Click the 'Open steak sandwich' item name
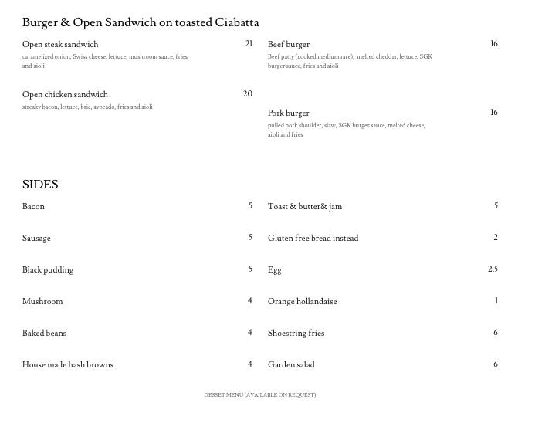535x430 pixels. [60, 45]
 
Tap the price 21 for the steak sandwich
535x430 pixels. [249, 44]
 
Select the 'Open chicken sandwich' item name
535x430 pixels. [65, 95]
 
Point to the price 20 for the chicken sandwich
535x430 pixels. [247, 94]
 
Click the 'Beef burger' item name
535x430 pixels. [289, 45]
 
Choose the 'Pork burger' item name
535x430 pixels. [289, 113]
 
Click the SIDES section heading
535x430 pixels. [40, 185]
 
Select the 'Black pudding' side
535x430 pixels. [48, 270]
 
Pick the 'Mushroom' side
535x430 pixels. [42, 302]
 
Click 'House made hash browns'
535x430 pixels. [68, 365]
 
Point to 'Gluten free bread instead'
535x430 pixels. [313, 239]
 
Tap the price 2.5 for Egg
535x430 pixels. [493, 269]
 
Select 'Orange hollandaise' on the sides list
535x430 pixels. [302, 302]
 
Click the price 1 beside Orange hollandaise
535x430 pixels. [496, 301]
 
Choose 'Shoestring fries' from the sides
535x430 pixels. [296, 334]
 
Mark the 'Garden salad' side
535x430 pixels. [291, 365]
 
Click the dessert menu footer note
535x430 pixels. [259, 395]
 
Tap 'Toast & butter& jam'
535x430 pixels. [305, 207]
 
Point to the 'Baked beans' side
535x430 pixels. [44, 334]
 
